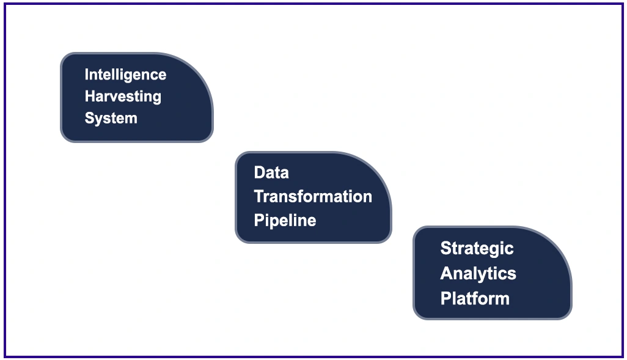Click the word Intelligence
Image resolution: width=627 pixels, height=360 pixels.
[125, 75]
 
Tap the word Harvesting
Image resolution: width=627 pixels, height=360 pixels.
[123, 97]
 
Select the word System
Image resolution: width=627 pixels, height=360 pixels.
[111, 118]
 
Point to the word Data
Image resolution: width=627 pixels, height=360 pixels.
[271, 173]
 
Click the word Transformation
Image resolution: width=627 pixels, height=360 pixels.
[313, 196]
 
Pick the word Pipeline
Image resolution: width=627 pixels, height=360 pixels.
[285, 220]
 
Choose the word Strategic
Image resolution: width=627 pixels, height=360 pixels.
[477, 248]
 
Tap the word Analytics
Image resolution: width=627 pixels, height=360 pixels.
[478, 273]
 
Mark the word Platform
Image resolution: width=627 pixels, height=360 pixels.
[475, 298]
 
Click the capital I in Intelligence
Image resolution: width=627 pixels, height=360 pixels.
[87, 75]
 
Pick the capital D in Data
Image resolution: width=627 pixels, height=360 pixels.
[258, 173]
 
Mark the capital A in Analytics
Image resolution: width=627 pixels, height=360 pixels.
[446, 273]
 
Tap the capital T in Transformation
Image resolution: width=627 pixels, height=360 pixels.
[258, 196]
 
